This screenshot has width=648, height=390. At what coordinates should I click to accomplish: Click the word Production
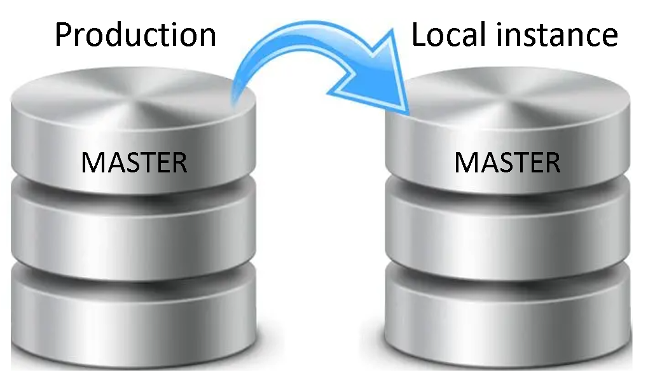[x=135, y=35]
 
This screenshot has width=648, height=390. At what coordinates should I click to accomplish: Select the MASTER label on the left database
[x=134, y=163]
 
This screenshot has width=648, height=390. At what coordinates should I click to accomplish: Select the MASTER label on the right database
[x=507, y=163]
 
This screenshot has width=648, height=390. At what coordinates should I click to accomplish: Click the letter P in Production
[x=63, y=35]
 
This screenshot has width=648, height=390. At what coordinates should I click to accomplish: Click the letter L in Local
[x=420, y=35]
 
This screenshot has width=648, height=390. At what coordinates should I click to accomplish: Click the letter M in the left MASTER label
[x=93, y=163]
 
